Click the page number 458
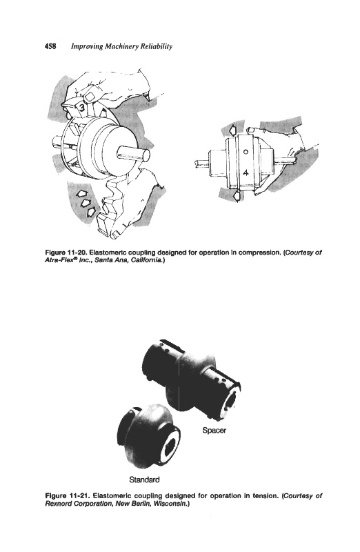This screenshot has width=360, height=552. coord(50,46)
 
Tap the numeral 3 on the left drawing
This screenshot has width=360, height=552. coord(81,108)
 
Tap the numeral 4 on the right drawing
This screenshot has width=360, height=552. coord(246,172)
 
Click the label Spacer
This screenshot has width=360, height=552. coord(214,430)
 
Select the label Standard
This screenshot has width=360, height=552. coord(144,480)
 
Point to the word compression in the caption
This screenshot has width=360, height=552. coord(261,253)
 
